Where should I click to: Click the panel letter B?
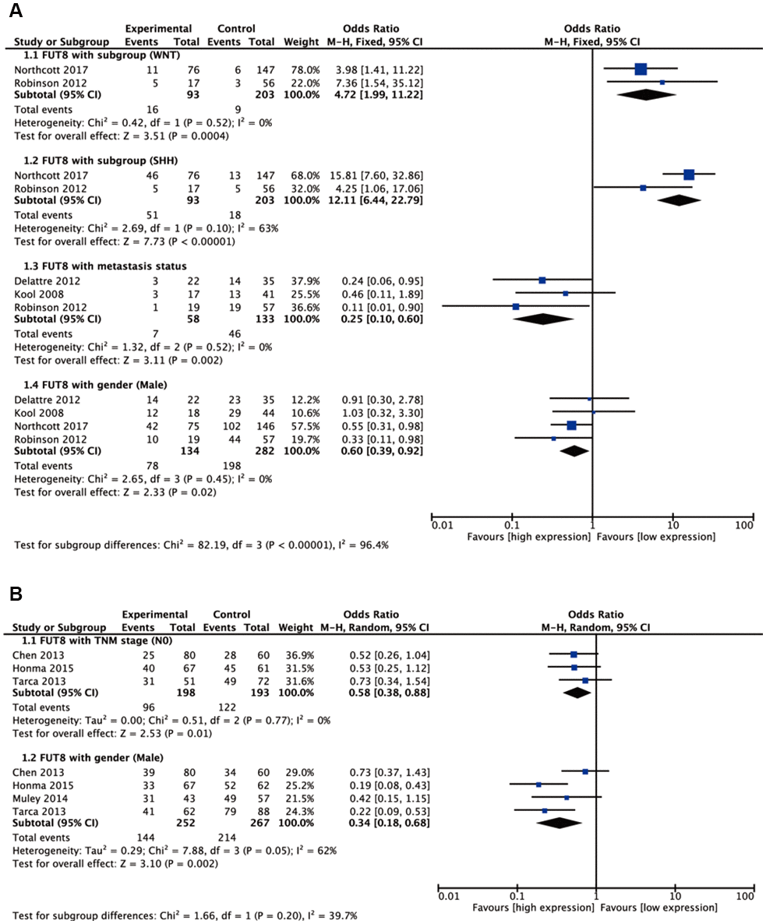pyautogui.click(x=16, y=594)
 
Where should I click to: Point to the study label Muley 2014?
pyautogui.click(x=35, y=798)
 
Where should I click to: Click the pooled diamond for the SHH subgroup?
pyautogui.click(x=680, y=200)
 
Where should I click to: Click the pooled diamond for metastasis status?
pyautogui.click(x=543, y=319)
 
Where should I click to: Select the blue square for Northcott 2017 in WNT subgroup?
pyautogui.click(x=641, y=69)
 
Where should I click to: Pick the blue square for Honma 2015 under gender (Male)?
pyautogui.click(x=538, y=785)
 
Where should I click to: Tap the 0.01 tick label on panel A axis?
pyautogui.click(x=442, y=526)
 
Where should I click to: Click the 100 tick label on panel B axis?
pyautogui.click(x=745, y=898)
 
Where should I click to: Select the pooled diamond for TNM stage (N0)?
pyautogui.click(x=577, y=693)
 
